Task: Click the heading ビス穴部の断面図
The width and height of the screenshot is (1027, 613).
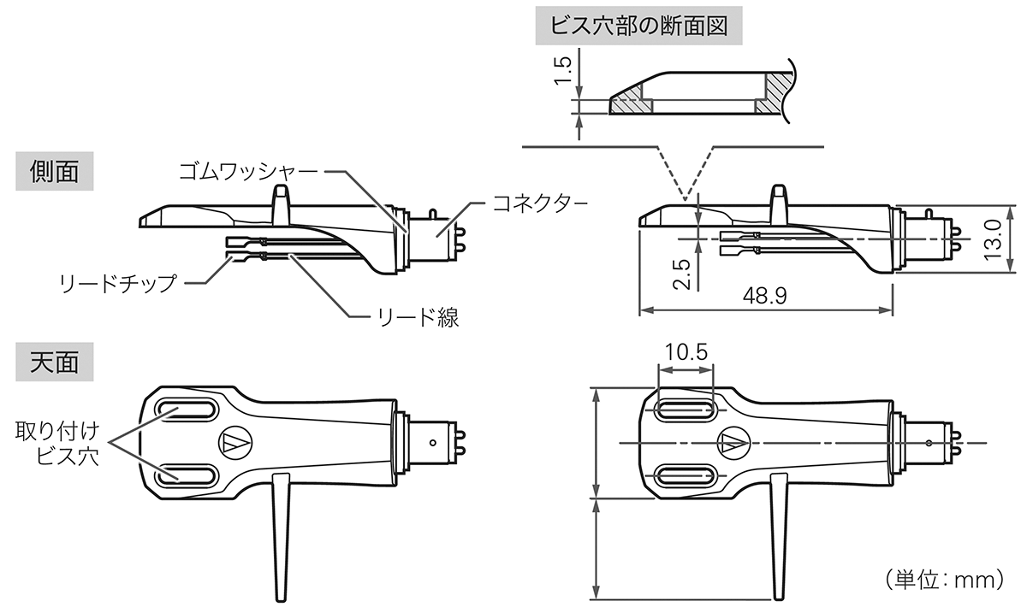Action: (638, 26)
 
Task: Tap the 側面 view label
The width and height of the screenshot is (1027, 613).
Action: (54, 171)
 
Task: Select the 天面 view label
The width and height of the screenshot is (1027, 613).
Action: (54, 362)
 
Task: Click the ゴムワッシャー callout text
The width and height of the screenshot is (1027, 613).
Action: (248, 170)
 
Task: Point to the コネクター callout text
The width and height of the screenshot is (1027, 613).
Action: (539, 203)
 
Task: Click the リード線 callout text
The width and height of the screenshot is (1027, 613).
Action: (419, 319)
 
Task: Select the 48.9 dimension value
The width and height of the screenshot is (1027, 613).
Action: (765, 295)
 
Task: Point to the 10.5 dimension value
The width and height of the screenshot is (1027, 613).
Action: (685, 352)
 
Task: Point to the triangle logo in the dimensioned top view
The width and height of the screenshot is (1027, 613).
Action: (731, 442)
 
